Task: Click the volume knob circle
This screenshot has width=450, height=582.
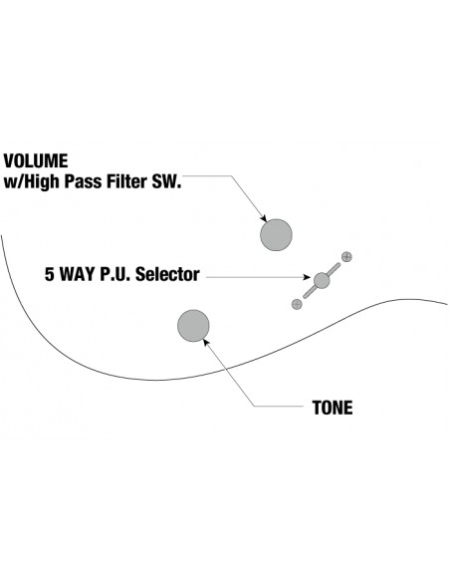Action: click(x=276, y=234)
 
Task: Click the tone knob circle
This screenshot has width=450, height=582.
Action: click(x=193, y=326)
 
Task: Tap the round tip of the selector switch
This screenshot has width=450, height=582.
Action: click(x=322, y=280)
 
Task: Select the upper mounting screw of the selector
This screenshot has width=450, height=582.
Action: click(x=346, y=256)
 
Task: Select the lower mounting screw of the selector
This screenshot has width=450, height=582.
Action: click(x=297, y=304)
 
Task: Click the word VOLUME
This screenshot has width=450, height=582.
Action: click(x=36, y=161)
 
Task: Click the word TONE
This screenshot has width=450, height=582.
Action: click(x=333, y=408)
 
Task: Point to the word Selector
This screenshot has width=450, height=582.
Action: click(x=167, y=274)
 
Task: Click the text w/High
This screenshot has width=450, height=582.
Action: click(x=32, y=181)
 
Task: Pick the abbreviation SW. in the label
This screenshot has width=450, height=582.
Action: click(x=165, y=181)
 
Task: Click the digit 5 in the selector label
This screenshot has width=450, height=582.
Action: click(x=50, y=274)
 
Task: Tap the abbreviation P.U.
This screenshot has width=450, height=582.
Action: click(x=115, y=274)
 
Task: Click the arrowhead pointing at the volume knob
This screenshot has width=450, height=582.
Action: click(x=264, y=219)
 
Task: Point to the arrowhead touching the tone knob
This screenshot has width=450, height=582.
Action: click(x=206, y=342)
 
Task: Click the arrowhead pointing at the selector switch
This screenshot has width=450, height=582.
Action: click(x=307, y=277)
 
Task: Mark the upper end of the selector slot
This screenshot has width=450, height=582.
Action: click(x=337, y=265)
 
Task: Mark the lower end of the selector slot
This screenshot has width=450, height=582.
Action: click(x=306, y=296)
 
